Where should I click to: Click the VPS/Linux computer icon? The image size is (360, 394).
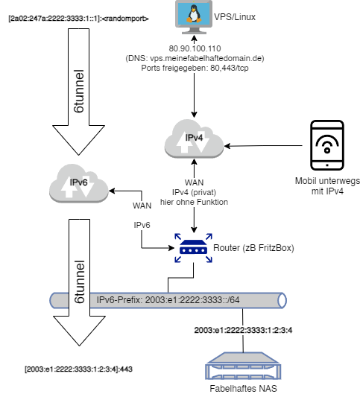(x=194, y=17)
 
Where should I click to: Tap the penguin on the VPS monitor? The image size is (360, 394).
(x=194, y=14)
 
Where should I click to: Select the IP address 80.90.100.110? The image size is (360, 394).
(x=195, y=48)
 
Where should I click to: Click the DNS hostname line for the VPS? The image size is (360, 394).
(x=195, y=58)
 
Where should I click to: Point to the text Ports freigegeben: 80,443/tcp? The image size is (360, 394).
(x=195, y=68)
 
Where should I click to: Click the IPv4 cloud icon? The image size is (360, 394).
(x=194, y=139)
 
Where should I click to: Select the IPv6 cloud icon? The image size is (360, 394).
(x=79, y=183)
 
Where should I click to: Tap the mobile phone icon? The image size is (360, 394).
(x=326, y=145)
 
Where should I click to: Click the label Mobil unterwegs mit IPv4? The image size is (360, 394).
(x=327, y=186)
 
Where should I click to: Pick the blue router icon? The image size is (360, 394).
(x=193, y=248)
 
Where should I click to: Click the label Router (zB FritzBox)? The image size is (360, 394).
(x=253, y=248)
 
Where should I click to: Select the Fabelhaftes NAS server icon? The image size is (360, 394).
(x=243, y=366)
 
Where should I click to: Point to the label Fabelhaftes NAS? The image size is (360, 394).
(x=243, y=389)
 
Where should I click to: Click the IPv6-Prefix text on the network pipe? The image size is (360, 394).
(x=168, y=300)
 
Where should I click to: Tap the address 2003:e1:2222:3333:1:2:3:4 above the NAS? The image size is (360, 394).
(x=243, y=330)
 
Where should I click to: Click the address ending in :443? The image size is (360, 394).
(x=78, y=369)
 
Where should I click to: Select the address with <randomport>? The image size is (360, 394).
(x=78, y=19)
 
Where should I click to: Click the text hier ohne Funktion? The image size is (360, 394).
(x=194, y=202)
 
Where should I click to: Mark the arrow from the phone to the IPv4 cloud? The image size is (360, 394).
(x=263, y=146)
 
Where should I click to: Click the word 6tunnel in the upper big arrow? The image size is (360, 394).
(x=79, y=91)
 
